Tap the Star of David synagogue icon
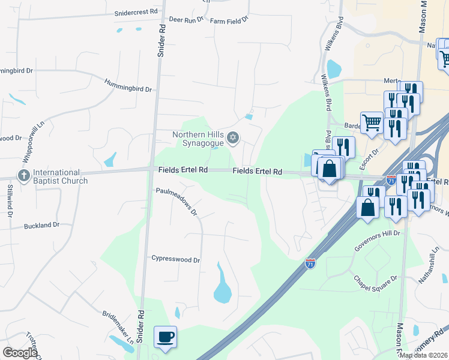pyautogui.click(x=234, y=140)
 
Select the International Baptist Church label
pyautogui.click(x=60, y=176)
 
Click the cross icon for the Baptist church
pyautogui.click(x=23, y=176)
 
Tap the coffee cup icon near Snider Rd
pyautogui.click(x=165, y=336)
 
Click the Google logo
pyautogui.click(x=20, y=353)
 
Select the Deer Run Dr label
pyautogui.click(x=187, y=20)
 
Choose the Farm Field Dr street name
pyautogui.click(x=229, y=20)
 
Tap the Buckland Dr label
pyautogui.click(x=42, y=226)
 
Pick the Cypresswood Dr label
pyautogui.click(x=175, y=260)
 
